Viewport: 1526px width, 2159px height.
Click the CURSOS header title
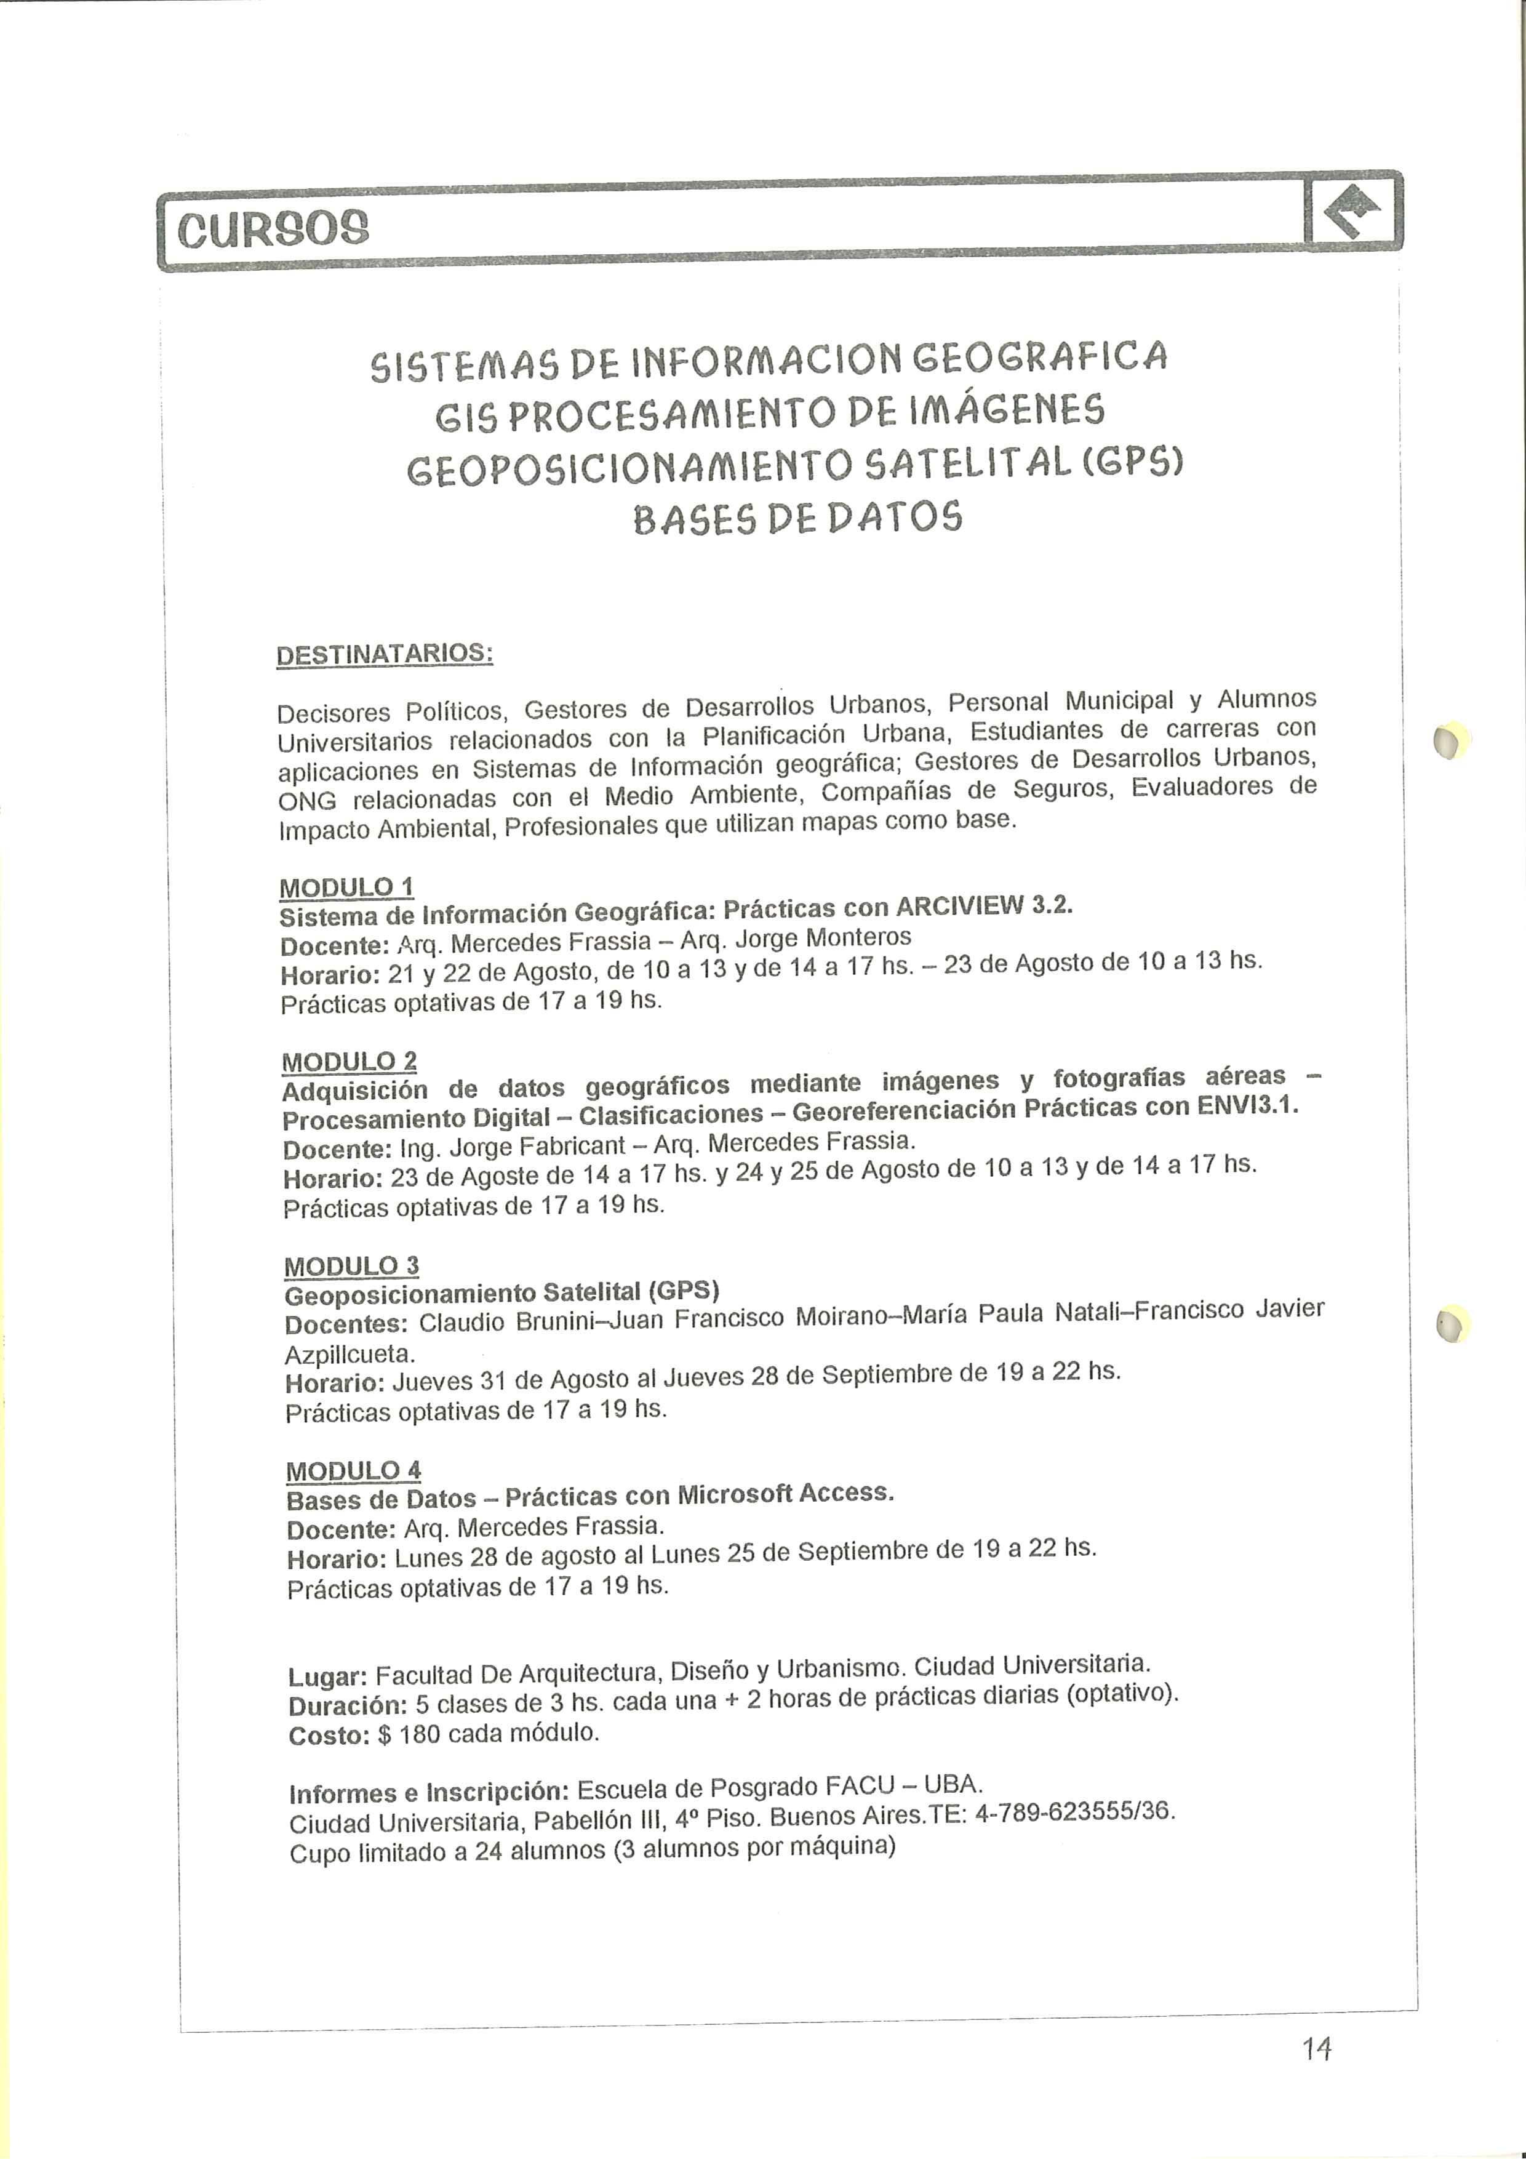(x=274, y=228)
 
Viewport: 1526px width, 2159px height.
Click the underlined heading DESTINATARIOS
(x=385, y=654)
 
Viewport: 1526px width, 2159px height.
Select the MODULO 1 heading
(x=346, y=887)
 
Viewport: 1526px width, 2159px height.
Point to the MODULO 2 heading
(x=349, y=1062)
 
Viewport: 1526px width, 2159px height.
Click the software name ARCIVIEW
(x=960, y=905)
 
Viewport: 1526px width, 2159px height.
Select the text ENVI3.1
(x=1247, y=1106)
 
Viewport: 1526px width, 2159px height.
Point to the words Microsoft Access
(x=785, y=1493)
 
